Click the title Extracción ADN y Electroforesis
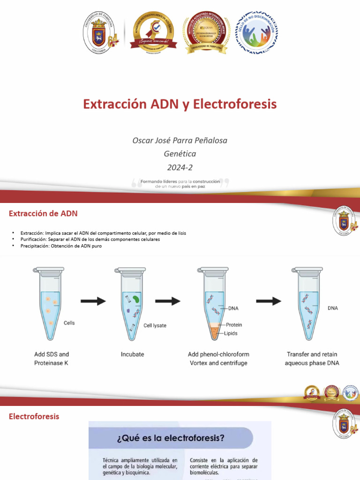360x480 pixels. coord(180,104)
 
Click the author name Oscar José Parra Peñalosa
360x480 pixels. coord(180,140)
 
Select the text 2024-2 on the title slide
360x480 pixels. coord(180,167)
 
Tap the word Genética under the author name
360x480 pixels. coord(180,154)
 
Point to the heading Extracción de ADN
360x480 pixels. coord(43,214)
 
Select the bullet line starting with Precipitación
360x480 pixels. coord(60,246)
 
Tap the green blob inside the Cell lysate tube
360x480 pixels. coord(135,298)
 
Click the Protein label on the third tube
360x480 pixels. coord(234,325)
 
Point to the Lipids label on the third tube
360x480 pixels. coord(231,333)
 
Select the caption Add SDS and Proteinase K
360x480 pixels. coord(52,359)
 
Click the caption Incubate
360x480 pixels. coord(132,354)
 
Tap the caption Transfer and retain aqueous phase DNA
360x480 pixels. coord(312,359)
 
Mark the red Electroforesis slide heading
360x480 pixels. coord(34,416)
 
